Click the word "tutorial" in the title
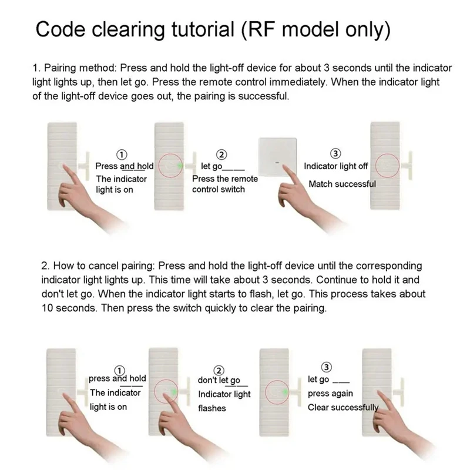tap(203, 29)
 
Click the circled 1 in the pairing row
tap(122, 155)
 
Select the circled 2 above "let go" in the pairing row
tap(221, 155)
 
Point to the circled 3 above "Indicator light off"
tap(335, 153)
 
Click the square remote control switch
tap(277, 156)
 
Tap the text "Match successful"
tap(342, 184)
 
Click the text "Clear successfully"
tap(343, 407)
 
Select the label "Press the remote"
tap(225, 179)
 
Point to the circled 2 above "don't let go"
tap(219, 371)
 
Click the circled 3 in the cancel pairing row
tap(327, 367)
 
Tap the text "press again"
tap(330, 394)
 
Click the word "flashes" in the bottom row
tap(212, 408)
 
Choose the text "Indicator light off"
tap(335, 166)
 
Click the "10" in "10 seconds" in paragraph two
tap(47, 308)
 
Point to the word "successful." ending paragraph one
tap(263, 96)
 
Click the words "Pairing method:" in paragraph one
tap(80, 68)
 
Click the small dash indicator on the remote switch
tap(277, 163)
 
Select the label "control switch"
tap(218, 189)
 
